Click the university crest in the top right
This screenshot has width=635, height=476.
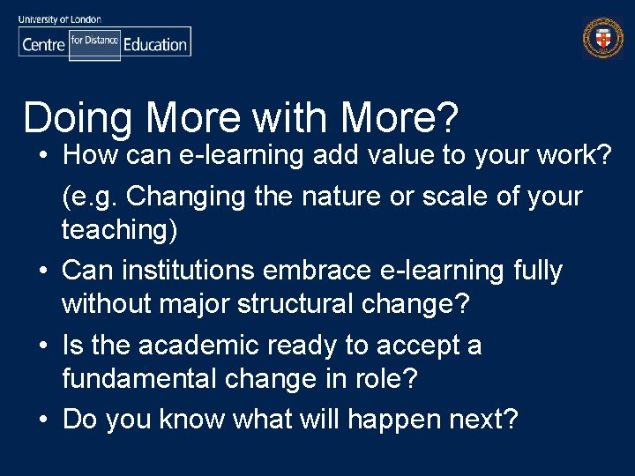pyautogui.click(x=602, y=39)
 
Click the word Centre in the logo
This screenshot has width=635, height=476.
pyautogui.click(x=43, y=44)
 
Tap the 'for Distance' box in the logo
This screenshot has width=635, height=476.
pyautogui.click(x=94, y=41)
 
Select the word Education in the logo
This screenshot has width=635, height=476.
pyautogui.click(x=155, y=44)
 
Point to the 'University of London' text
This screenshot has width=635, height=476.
pyautogui.click(x=60, y=19)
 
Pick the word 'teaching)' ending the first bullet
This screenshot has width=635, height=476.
pyautogui.click(x=119, y=231)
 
